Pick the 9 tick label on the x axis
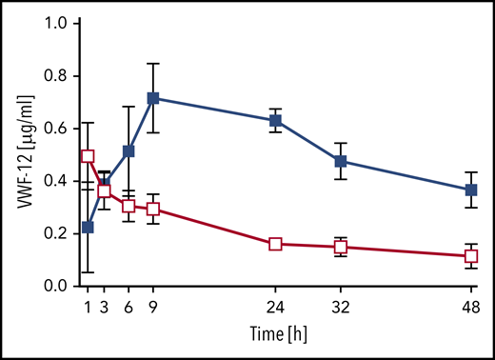click(x=153, y=308)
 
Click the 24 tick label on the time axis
click(x=275, y=308)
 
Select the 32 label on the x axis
click(x=340, y=308)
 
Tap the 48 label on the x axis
click(x=470, y=308)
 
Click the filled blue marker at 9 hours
click(x=153, y=98)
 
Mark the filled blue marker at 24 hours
click(x=275, y=121)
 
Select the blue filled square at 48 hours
click(x=470, y=190)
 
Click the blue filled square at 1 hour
click(x=89, y=227)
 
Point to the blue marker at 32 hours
click(x=340, y=161)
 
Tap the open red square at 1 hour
click(x=89, y=156)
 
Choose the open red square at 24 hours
click(x=275, y=244)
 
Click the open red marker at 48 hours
click(x=470, y=256)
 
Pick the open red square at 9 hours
click(x=153, y=210)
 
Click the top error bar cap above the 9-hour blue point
click(x=153, y=64)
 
